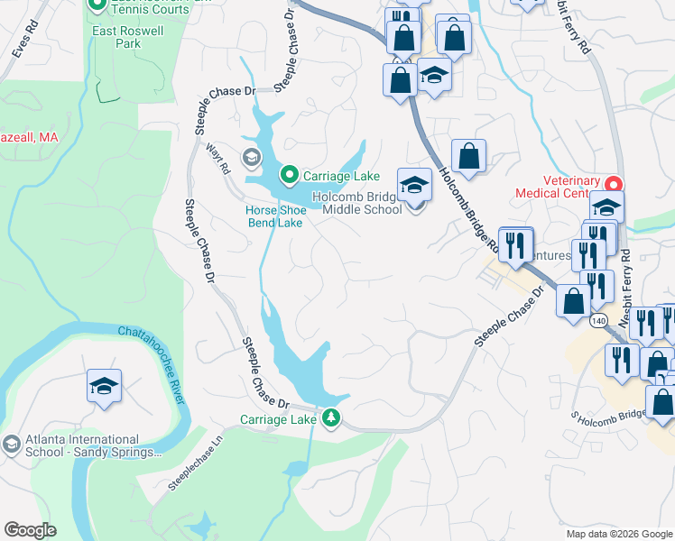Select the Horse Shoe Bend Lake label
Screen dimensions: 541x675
pyautogui.click(x=275, y=216)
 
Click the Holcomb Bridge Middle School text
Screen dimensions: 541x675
pyautogui.click(x=356, y=204)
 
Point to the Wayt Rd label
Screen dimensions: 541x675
pyautogui.click(x=218, y=157)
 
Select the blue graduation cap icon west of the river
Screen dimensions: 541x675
pyautogui.click(x=105, y=386)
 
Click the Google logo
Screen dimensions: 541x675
pyautogui.click(x=30, y=530)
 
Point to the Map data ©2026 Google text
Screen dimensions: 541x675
pyautogui.click(x=618, y=534)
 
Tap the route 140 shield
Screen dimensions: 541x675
pyautogui.click(x=599, y=320)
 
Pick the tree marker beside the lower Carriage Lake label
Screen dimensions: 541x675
pyautogui.click(x=331, y=417)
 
